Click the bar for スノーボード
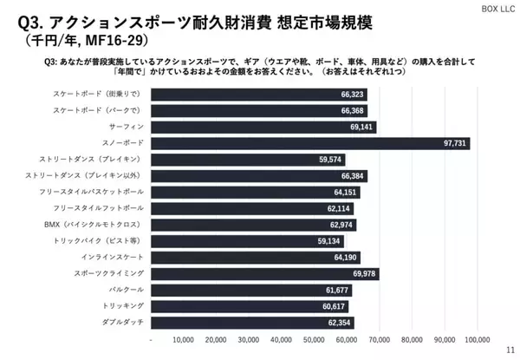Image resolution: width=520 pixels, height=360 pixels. pos(310,143)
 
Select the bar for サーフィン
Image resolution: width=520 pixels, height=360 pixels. pos(264,127)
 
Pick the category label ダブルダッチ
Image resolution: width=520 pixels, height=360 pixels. pos(120,322)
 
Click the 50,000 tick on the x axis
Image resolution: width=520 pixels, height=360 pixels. pos(315,339)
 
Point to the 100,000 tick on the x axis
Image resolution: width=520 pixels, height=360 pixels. pos(478,339)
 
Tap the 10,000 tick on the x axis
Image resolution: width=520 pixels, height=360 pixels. pos(184,339)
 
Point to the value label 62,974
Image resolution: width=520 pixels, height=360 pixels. pos(341,225)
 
